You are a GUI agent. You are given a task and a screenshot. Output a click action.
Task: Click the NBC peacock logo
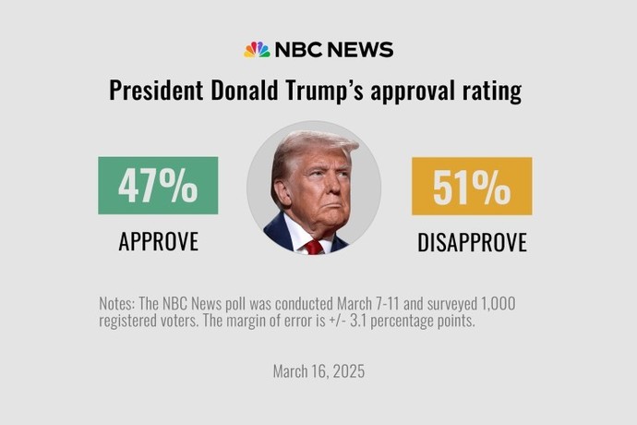point(256,50)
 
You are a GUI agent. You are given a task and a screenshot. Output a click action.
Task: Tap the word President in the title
point(152,91)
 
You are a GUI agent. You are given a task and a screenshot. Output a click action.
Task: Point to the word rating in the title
point(489,91)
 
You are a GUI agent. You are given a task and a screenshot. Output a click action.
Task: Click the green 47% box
point(158,186)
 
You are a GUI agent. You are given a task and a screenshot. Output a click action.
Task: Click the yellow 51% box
point(472,186)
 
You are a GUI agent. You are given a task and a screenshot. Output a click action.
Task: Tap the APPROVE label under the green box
point(158,242)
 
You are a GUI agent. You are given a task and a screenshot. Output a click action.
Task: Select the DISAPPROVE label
point(472,243)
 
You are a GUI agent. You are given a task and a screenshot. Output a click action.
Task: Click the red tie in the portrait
point(315,246)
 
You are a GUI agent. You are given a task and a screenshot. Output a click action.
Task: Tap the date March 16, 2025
point(318,371)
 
